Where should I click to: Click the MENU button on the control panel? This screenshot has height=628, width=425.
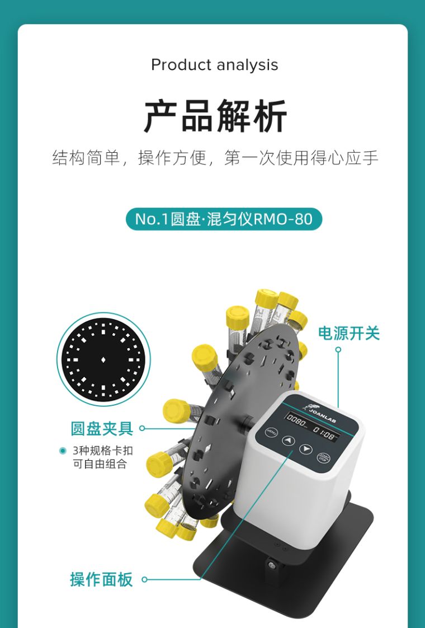[x=272, y=432]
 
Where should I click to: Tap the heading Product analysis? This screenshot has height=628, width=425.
[x=214, y=65]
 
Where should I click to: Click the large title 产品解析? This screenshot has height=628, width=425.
[x=215, y=116]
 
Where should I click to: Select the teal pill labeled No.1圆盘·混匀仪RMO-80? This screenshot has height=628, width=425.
[x=224, y=219]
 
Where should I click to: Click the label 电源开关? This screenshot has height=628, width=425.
[x=348, y=334]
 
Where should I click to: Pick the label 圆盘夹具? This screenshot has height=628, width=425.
[x=102, y=428]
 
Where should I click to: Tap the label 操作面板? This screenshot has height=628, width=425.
[x=101, y=579]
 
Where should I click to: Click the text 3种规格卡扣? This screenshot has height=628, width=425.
[x=103, y=451]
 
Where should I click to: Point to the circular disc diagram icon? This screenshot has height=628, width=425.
[x=103, y=359]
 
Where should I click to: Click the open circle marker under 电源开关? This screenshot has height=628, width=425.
[x=338, y=350]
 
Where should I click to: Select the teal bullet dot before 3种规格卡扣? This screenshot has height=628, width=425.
[x=63, y=451]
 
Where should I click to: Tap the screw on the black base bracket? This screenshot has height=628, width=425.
[x=272, y=566]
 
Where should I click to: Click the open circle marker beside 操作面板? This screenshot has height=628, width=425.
[x=144, y=579]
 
